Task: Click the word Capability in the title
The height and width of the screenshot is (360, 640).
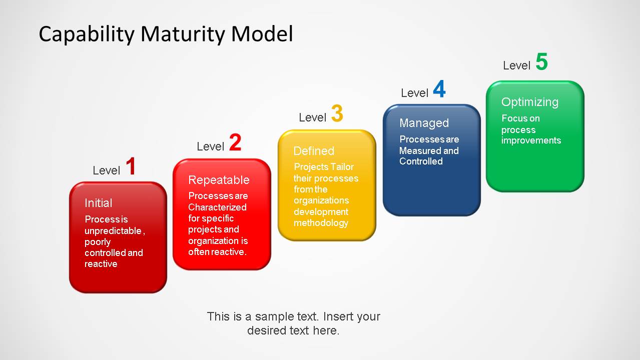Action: (x=87, y=34)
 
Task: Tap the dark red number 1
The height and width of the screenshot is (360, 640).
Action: (x=131, y=166)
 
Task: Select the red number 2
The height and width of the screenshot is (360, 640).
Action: (x=235, y=143)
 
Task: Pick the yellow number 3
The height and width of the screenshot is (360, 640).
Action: (x=337, y=114)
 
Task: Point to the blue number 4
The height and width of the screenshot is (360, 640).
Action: (x=439, y=89)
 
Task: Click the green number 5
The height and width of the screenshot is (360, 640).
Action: (x=541, y=62)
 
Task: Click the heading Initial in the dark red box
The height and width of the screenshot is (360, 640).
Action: (x=98, y=203)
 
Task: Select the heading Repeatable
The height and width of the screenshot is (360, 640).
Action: (x=219, y=180)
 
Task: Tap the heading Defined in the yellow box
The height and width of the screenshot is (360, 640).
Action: (x=314, y=151)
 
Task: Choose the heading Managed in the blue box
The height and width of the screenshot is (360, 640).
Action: (x=424, y=123)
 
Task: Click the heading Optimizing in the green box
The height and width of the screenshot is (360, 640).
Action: (x=529, y=102)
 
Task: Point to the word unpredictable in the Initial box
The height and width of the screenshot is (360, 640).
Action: (x=114, y=230)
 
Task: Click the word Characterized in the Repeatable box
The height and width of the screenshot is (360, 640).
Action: (x=217, y=207)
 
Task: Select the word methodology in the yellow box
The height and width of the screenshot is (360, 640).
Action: (x=321, y=222)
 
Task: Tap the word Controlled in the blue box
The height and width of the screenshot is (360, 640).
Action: (x=421, y=161)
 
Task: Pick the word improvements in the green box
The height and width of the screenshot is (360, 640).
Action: (x=531, y=140)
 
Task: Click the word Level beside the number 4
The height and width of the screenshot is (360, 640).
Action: (x=414, y=93)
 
